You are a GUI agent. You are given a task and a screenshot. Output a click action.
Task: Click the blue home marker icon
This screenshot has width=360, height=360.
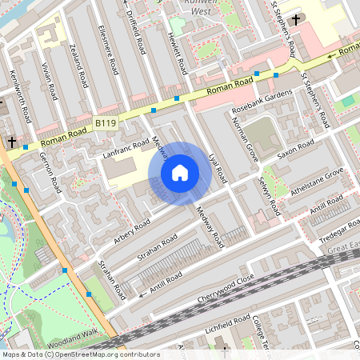coord(180,173)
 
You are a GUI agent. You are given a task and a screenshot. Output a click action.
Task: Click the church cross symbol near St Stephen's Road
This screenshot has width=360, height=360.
coord(297,19)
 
